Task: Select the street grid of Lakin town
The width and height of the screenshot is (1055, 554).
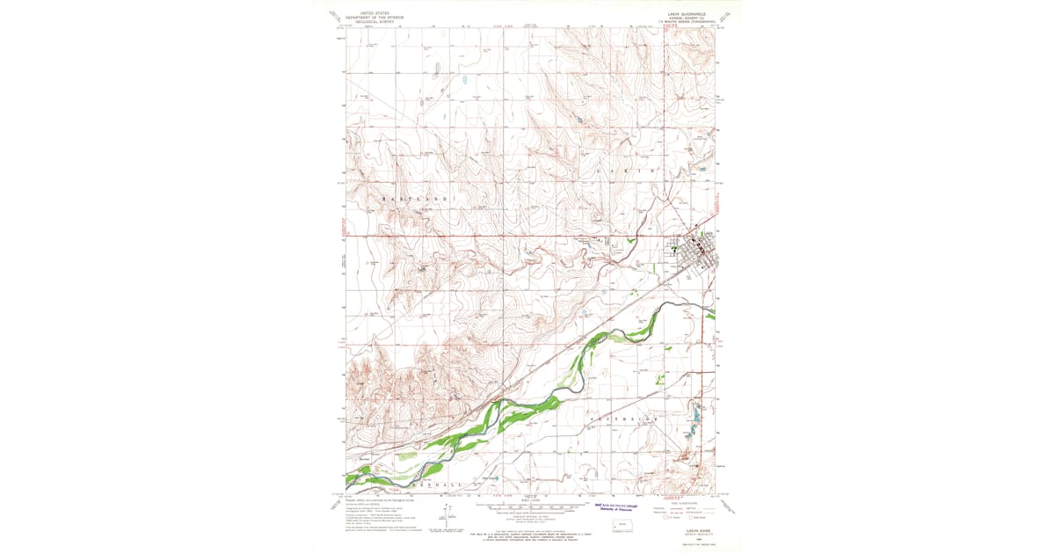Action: (x=699, y=252)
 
